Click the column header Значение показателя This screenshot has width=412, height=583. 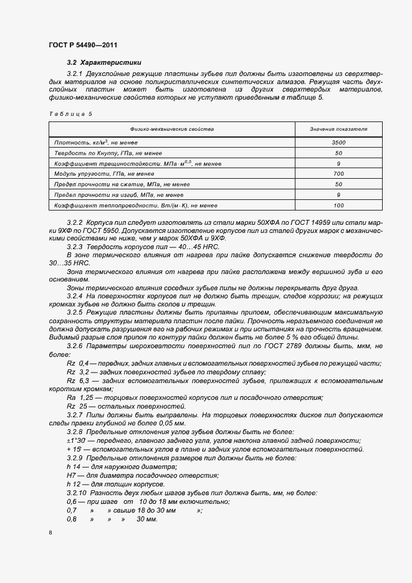coord(338,129)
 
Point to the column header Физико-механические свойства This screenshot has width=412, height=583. coord(172,129)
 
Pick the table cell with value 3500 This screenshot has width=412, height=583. coord(338,143)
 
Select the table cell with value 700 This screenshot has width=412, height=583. coord(338,173)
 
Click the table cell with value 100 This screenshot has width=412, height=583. coord(338,204)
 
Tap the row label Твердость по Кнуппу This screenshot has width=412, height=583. coord(108,153)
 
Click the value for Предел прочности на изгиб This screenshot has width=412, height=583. coord(338,194)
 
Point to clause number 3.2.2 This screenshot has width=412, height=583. coord(74,222)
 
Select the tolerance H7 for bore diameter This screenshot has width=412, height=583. coord(71,475)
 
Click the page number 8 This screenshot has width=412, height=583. coord(50,533)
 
